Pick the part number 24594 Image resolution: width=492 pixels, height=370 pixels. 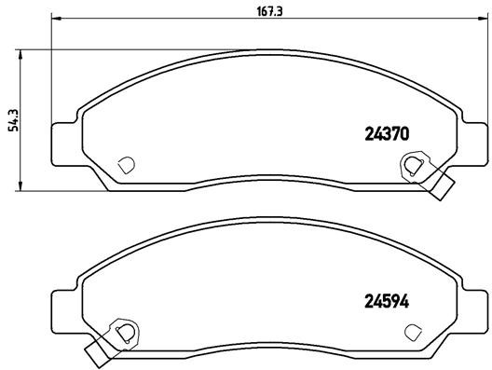[x=385, y=301]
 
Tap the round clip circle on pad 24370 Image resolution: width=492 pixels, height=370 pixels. [x=411, y=166]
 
